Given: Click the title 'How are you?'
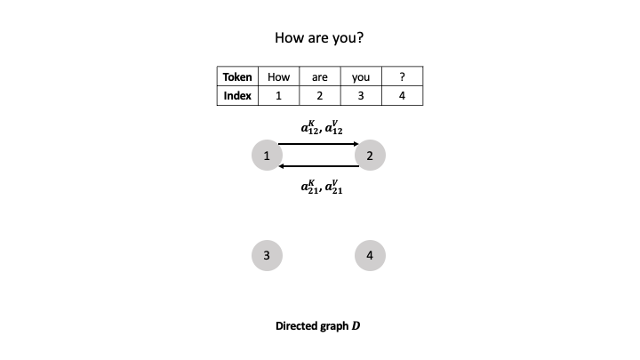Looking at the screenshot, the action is click(x=319, y=38).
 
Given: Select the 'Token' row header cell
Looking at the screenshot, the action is click(x=236, y=76).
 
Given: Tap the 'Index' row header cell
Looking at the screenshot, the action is click(x=236, y=96).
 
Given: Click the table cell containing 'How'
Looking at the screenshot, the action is click(x=278, y=76).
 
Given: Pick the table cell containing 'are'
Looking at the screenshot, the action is click(x=320, y=76).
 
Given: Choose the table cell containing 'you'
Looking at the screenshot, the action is click(x=361, y=76).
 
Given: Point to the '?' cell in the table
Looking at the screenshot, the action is click(x=403, y=76).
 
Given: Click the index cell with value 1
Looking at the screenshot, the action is click(x=278, y=96).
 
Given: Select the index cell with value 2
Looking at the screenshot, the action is click(x=320, y=96).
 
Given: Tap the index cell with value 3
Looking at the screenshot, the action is click(x=361, y=96).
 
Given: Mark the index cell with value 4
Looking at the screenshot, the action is click(x=403, y=96).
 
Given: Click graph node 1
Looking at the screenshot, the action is click(x=267, y=156).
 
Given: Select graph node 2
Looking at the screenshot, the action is click(x=370, y=156).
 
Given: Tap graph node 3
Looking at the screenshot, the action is click(x=267, y=255).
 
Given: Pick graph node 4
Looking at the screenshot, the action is click(x=370, y=255).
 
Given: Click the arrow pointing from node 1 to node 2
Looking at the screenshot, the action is click(x=318, y=144).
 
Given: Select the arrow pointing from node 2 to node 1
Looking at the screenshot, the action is click(x=318, y=166).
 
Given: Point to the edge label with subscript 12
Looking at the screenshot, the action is click(x=318, y=128).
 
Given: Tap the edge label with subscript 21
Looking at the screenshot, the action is click(x=318, y=187).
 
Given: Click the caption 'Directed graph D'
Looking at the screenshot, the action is click(x=318, y=325).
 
